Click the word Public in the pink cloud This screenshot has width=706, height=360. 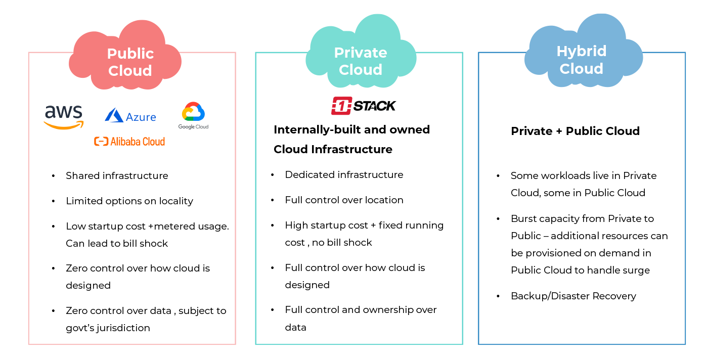pyautogui.click(x=130, y=54)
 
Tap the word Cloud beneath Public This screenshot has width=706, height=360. pyautogui.click(x=130, y=71)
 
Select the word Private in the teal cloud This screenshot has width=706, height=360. pyautogui.click(x=361, y=53)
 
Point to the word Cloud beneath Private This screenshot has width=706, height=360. pyautogui.click(x=361, y=70)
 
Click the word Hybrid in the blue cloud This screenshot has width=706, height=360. pyautogui.click(x=582, y=51)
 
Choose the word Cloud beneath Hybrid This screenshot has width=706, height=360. pyautogui.click(x=582, y=68)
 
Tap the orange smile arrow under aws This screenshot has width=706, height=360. pyautogui.click(x=62, y=125)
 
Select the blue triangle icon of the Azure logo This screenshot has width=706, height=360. pyautogui.click(x=114, y=116)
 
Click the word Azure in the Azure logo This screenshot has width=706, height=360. pyautogui.click(x=141, y=117)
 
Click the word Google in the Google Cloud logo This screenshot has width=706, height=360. pyautogui.click(x=186, y=126)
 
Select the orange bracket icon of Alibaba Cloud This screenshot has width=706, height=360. pyautogui.click(x=101, y=142)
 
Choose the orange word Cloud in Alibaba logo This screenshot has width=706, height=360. pyautogui.click(x=154, y=142)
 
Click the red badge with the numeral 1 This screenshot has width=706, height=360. pyautogui.click(x=341, y=106)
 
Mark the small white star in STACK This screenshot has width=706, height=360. pyautogui.click(x=373, y=106)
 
